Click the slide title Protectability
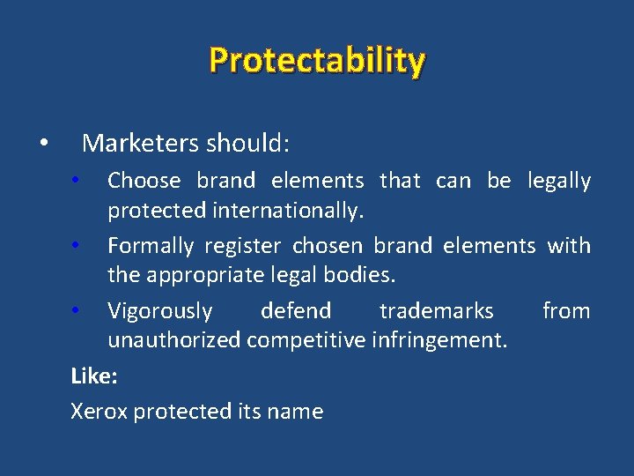317,61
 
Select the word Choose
144,181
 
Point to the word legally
558,181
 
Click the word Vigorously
159,311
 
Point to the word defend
296,311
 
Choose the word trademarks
436,311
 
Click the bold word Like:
93,376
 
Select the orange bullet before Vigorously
77,309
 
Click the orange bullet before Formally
77,244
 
